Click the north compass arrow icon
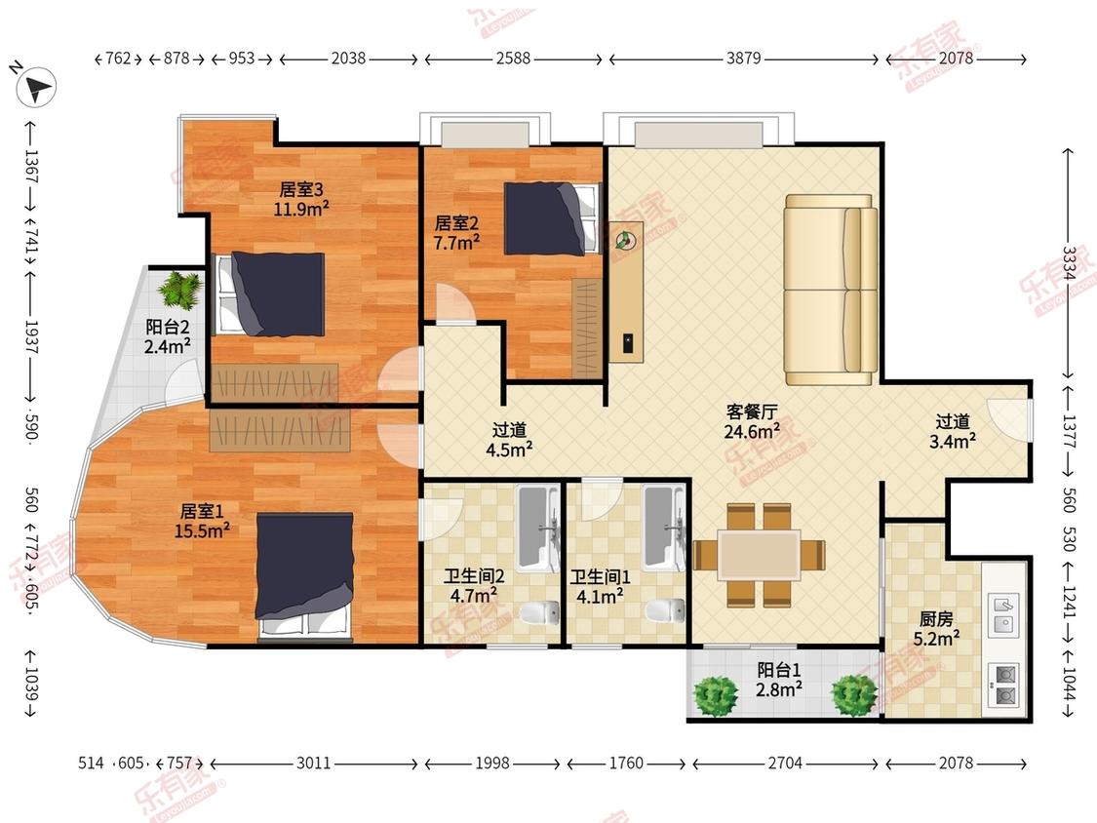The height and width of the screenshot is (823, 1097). pos(35,86)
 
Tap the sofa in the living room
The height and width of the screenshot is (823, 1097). pos(831,289)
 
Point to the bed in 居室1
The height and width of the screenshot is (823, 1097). pos(303,575)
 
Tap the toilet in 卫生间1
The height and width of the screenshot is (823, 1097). pos(665,610)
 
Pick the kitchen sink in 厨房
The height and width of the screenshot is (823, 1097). pos(1004,613)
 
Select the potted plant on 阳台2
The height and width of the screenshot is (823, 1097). pos(180,291)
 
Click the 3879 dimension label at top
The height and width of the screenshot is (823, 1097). pos(743,59)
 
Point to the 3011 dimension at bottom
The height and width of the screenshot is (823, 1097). pos(313,763)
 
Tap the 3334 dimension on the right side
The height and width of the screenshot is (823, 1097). pos(1069,263)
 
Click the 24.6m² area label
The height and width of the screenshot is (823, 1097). pos(752,432)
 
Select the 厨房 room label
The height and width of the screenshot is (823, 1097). pos(936,618)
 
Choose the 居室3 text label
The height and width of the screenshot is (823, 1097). pos(301,189)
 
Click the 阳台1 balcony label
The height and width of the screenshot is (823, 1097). pos(779,670)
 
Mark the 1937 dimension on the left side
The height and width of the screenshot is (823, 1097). pos(31,336)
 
